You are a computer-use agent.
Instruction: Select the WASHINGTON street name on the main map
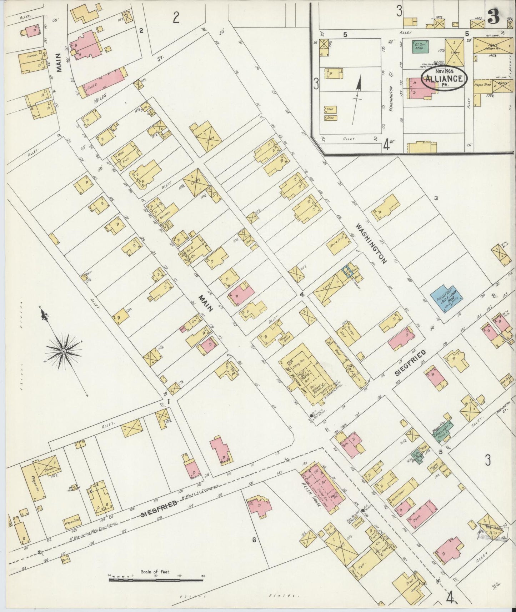[371, 243]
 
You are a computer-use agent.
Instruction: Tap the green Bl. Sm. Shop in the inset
[420, 47]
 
